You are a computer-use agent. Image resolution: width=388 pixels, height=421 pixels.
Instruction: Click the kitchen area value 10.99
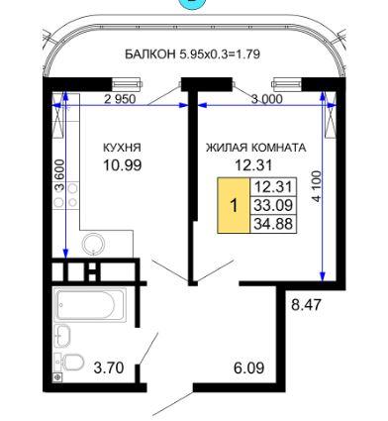123,164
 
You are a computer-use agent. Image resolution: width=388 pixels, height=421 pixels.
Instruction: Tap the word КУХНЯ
122,148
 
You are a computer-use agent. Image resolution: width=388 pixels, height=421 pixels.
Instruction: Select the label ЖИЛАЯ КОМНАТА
256,148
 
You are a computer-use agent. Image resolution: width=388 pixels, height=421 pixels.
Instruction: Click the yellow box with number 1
234,205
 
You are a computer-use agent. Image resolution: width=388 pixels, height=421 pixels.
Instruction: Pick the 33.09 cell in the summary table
273,205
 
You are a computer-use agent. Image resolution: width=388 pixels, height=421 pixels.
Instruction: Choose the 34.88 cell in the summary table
273,224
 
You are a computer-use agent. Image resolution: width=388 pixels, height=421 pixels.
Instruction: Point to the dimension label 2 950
120,99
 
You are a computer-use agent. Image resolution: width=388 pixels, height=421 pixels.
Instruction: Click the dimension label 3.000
267,99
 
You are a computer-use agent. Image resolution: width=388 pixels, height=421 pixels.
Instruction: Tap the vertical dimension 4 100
316,186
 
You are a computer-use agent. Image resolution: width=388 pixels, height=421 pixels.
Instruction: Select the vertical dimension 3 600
59,175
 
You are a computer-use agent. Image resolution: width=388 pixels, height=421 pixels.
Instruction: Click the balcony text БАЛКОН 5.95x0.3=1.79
193,54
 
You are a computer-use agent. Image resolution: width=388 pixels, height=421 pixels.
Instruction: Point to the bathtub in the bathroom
90,305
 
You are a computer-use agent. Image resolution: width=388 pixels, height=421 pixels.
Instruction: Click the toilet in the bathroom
69,362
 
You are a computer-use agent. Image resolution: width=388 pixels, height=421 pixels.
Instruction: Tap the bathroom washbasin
62,336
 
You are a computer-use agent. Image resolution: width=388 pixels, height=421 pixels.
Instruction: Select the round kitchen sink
94,245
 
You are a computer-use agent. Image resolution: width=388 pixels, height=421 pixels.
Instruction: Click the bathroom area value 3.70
109,368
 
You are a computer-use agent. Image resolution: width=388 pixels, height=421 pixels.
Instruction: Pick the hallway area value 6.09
249,368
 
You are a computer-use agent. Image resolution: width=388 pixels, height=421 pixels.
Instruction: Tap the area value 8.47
306,304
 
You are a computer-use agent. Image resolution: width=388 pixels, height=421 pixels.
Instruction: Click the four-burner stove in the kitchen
66,195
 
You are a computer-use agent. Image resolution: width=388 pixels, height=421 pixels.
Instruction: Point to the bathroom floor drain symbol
57,377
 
